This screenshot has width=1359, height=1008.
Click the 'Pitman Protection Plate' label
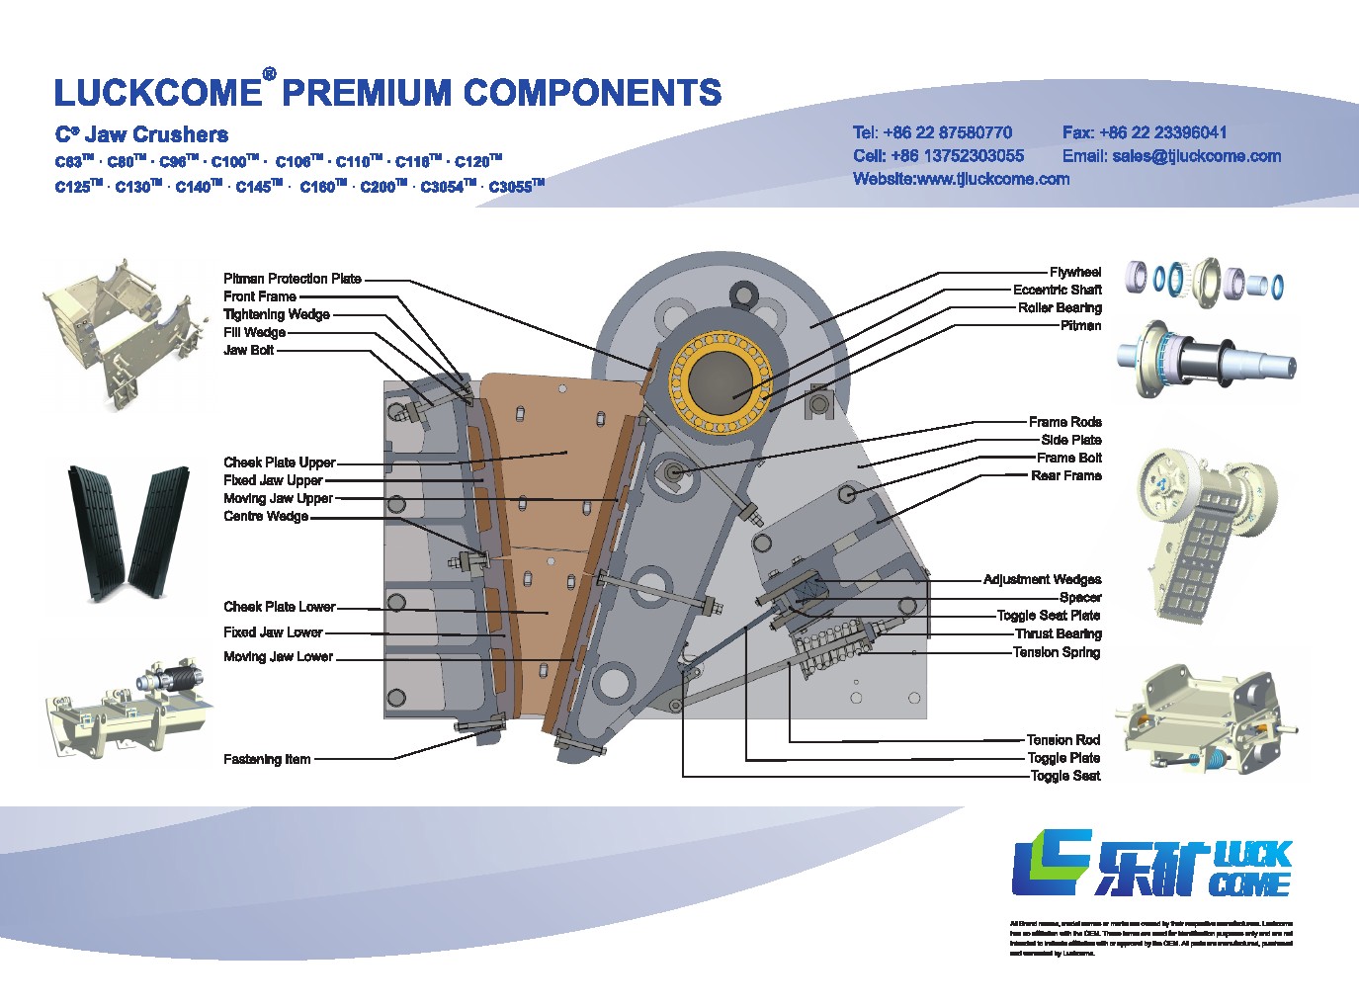click(x=293, y=279)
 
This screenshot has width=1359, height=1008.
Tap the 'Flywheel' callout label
click(x=1075, y=272)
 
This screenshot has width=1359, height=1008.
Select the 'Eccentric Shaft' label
click(x=1057, y=290)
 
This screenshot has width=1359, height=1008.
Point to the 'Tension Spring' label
click(x=1056, y=652)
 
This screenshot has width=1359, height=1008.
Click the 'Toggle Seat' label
click(x=1064, y=776)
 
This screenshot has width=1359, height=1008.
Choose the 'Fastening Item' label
click(x=267, y=759)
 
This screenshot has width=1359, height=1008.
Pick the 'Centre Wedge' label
click(x=266, y=516)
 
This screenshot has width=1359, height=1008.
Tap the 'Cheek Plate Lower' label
click(x=280, y=607)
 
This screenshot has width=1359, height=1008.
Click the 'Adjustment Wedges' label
click(x=1042, y=579)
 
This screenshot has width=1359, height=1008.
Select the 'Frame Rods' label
click(x=1064, y=422)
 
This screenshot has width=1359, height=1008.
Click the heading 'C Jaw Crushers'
click(x=141, y=134)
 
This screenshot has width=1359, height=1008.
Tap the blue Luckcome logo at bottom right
click(x=1151, y=865)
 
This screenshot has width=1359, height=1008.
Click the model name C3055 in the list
click(x=516, y=187)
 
